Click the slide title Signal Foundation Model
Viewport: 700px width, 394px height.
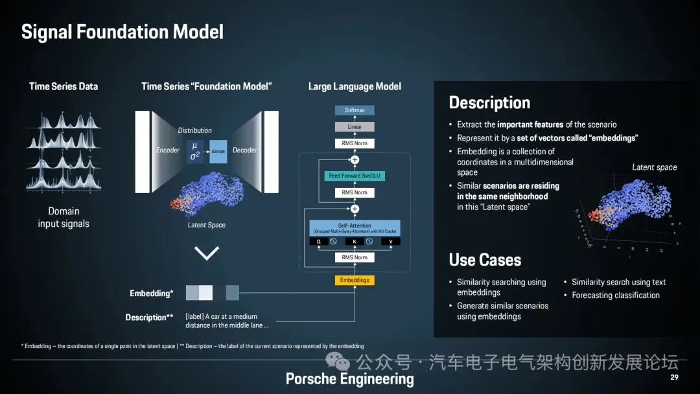pos(122,32)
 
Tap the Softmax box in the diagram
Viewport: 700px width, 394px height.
pos(355,110)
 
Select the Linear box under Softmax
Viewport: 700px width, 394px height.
pos(355,127)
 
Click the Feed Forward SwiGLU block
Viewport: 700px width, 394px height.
pos(355,176)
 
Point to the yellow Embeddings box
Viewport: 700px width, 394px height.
pos(355,280)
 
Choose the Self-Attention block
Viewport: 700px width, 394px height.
pos(355,227)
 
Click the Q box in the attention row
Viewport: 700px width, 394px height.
pos(318,242)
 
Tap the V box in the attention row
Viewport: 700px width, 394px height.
pos(391,242)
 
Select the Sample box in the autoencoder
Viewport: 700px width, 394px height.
pos(218,151)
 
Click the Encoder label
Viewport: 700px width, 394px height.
pos(168,150)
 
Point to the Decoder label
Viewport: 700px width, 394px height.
pos(244,150)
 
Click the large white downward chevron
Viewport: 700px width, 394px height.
pos(207,253)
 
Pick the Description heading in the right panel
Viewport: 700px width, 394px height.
pos(489,103)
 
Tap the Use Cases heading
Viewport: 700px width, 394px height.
pos(485,260)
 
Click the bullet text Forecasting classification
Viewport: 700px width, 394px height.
pos(616,295)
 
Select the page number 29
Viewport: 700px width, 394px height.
pos(674,377)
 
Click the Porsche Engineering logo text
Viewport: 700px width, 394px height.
pos(349,379)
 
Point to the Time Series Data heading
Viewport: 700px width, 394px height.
pos(64,86)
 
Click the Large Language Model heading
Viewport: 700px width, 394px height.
pos(355,86)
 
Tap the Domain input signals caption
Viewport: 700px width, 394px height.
pos(64,217)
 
